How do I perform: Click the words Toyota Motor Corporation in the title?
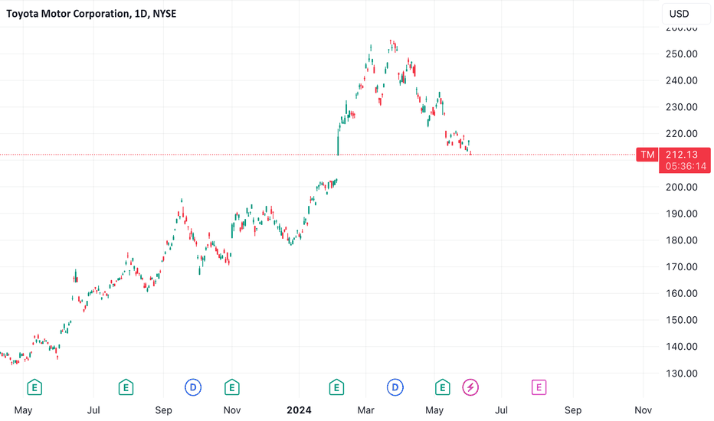[x=62, y=13]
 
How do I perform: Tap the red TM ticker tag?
[x=647, y=155]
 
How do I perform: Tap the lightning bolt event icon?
[x=470, y=387]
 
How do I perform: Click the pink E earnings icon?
[x=539, y=387]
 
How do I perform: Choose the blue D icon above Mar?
[x=395, y=387]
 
